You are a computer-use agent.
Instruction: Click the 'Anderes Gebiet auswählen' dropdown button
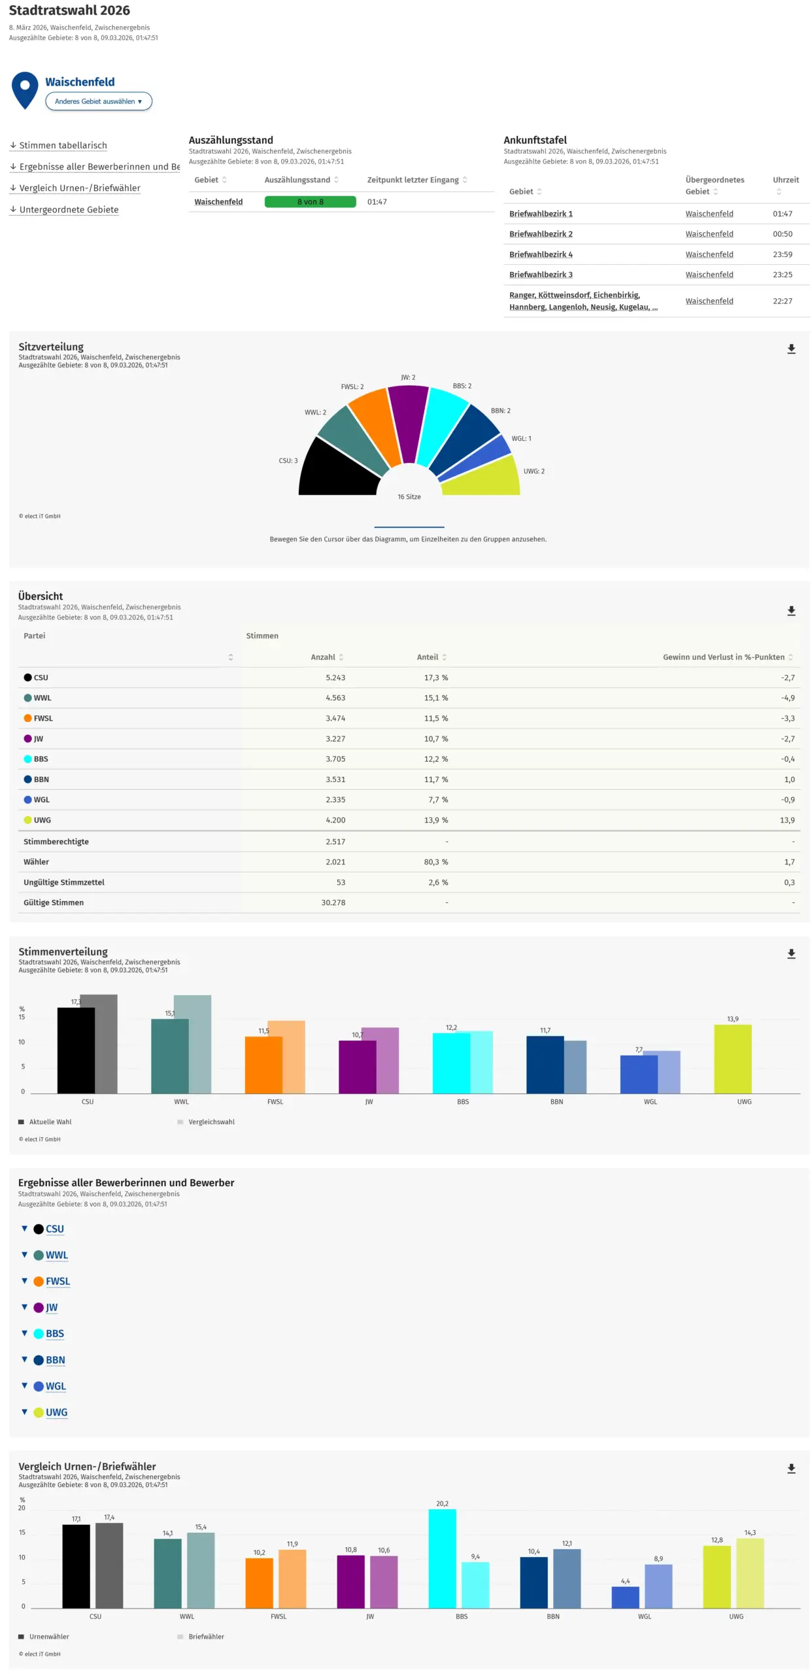(x=98, y=101)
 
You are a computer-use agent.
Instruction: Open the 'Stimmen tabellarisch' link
(x=63, y=145)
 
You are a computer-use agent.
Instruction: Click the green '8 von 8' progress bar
(x=310, y=201)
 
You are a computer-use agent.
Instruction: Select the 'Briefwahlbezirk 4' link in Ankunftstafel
(x=541, y=254)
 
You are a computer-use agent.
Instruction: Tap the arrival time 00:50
(x=782, y=234)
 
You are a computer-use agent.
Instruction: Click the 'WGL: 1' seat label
(x=521, y=439)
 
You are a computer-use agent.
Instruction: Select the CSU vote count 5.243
(x=335, y=677)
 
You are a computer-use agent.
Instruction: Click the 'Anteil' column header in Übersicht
(x=428, y=657)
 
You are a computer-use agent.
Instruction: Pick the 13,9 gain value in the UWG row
(x=787, y=820)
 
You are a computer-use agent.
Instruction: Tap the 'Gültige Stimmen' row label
(x=54, y=902)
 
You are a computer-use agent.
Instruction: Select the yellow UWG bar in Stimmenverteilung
(x=732, y=1059)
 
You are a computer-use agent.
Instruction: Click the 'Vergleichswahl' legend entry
(x=211, y=1122)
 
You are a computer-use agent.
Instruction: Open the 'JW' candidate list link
(x=52, y=1307)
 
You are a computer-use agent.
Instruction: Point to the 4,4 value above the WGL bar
(x=625, y=1581)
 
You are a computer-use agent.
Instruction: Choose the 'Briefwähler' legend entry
(x=206, y=1637)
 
